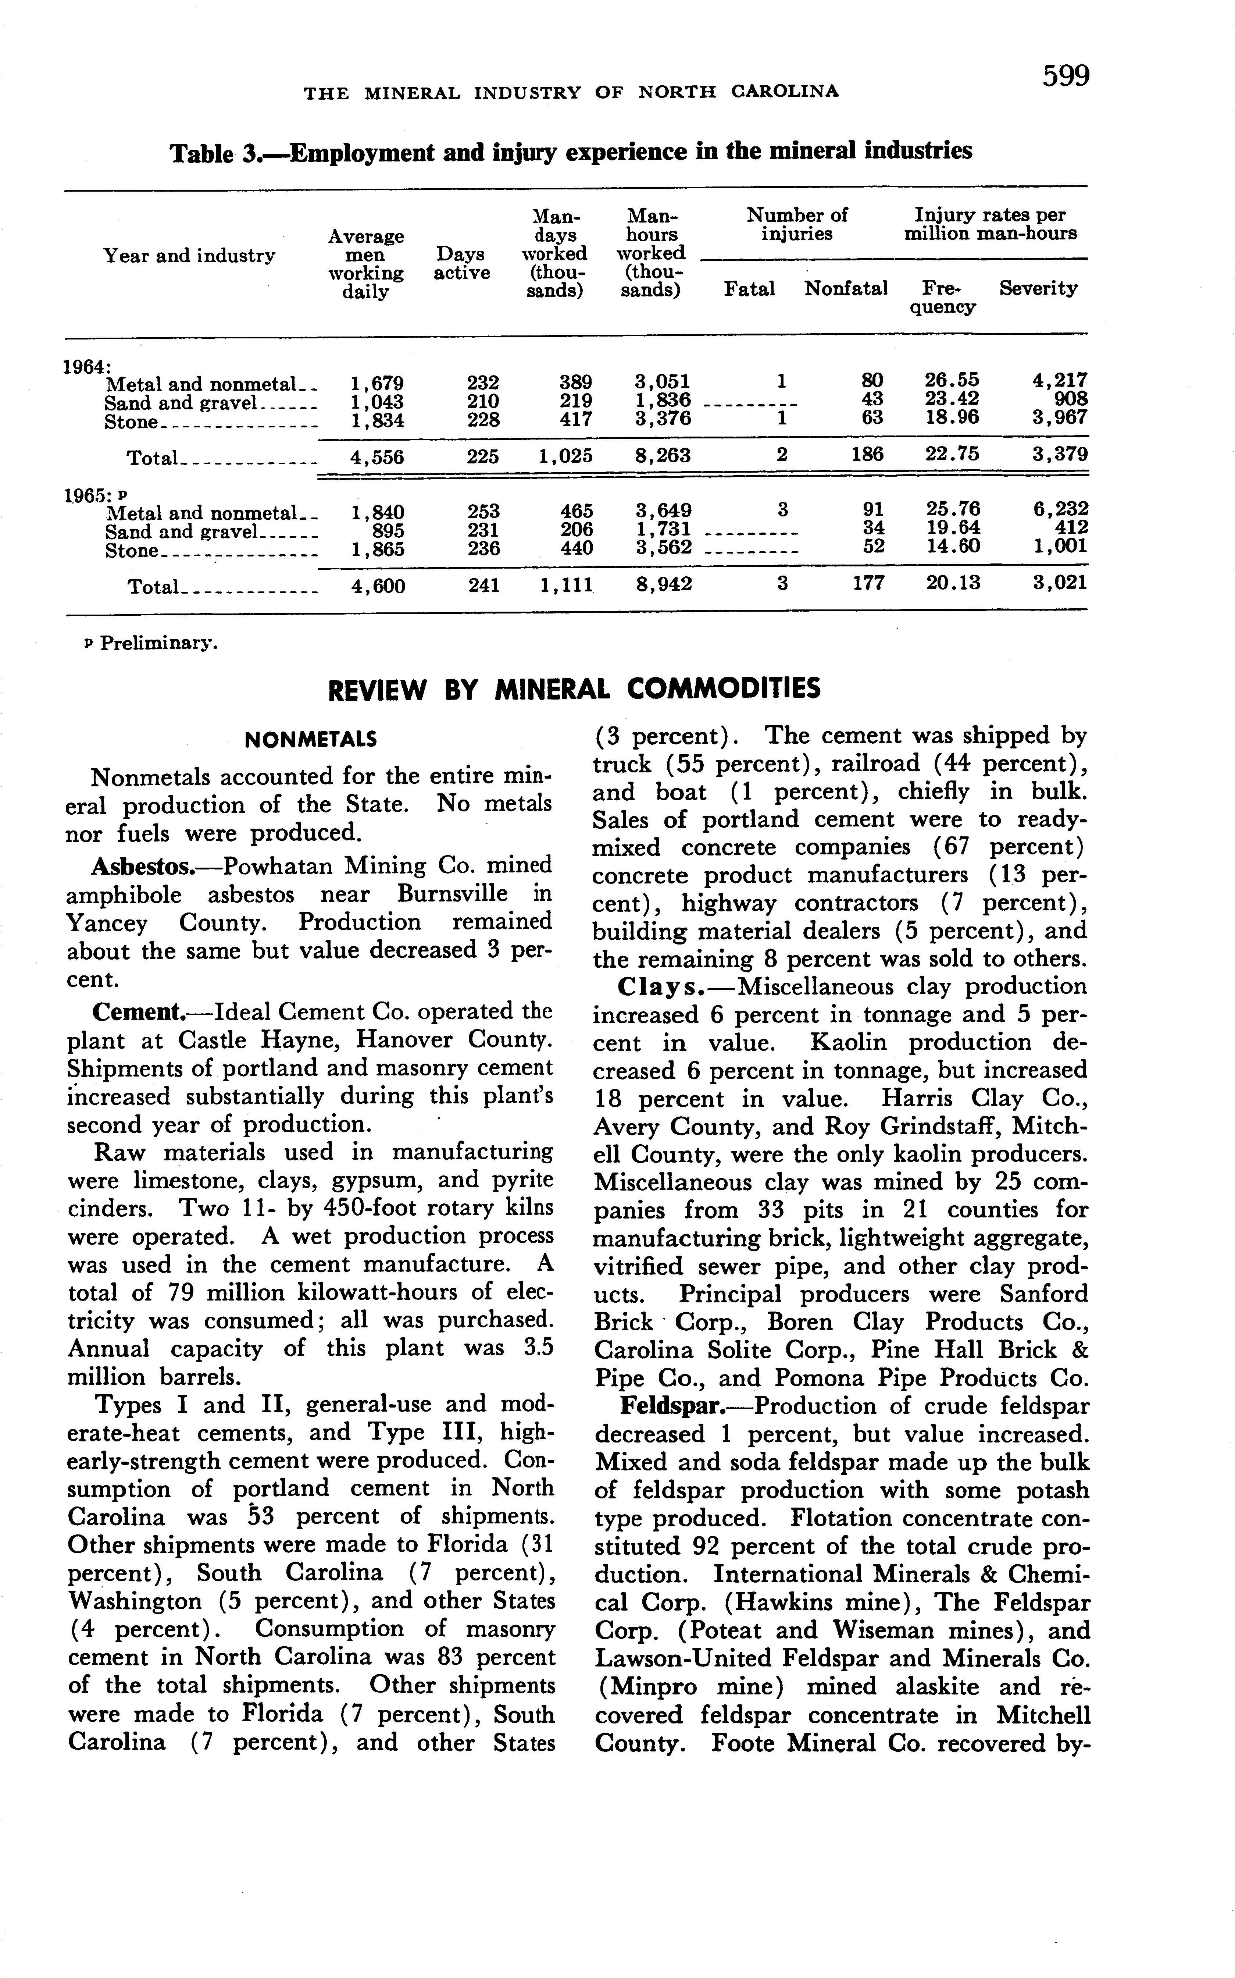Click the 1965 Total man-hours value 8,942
coord(663,584)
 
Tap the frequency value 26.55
coord(952,381)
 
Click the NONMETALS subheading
coord(310,740)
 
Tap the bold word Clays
coord(660,987)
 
